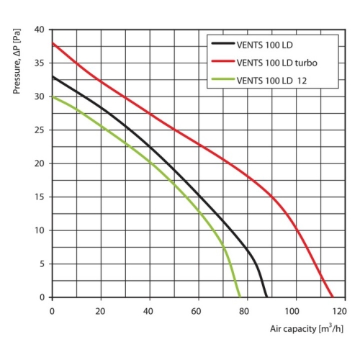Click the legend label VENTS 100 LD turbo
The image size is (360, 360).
point(277,62)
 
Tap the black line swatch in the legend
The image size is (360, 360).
point(223,45)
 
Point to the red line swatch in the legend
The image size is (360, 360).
point(223,62)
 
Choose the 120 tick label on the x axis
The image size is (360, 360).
point(339,310)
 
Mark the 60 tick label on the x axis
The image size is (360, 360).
point(196,310)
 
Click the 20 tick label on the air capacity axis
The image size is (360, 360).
point(100,310)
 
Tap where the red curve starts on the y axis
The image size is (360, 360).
point(53,43)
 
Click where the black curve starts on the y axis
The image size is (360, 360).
point(53,76)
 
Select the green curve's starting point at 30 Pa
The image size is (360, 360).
point(53,96)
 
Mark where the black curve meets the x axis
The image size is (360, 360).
point(266,297)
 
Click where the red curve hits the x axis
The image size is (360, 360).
point(332,297)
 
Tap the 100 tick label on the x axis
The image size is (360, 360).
point(292,310)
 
